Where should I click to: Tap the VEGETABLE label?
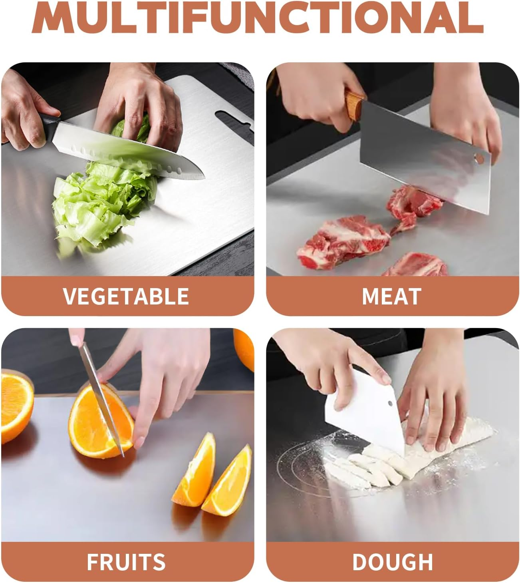pos(126,296)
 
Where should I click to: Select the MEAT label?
pos(391,296)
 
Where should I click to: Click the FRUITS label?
pos(126,562)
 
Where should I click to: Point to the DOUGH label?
pos(392,562)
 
